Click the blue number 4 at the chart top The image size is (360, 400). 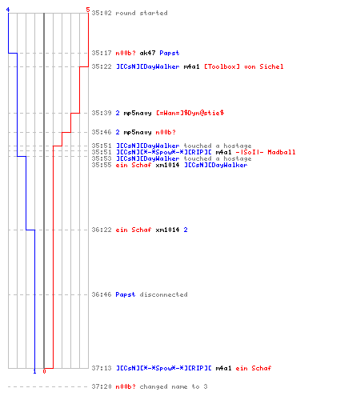point(8,10)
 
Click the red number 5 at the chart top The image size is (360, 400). point(88,10)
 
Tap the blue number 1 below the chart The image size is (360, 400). point(34,371)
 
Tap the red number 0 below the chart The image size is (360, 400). point(44,371)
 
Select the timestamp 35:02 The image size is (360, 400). point(102,13)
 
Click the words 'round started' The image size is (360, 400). point(142,13)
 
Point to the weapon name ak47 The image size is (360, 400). point(147,53)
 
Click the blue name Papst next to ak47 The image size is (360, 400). point(170,53)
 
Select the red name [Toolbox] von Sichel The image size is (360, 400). point(244,66)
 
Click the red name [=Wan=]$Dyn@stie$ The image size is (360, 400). point(190,113)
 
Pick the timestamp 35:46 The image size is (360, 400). point(102,132)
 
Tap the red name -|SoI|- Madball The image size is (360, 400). point(266,152)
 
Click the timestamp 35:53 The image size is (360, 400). point(102,158)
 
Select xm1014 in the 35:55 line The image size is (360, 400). point(167,165)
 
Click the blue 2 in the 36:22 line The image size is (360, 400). point(186,230)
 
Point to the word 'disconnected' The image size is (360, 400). point(163,294)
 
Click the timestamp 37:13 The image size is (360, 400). point(102,368)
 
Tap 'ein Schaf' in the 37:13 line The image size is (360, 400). point(254,368)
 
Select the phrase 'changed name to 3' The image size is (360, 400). point(174,386)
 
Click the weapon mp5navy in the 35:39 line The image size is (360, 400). point(138,114)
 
